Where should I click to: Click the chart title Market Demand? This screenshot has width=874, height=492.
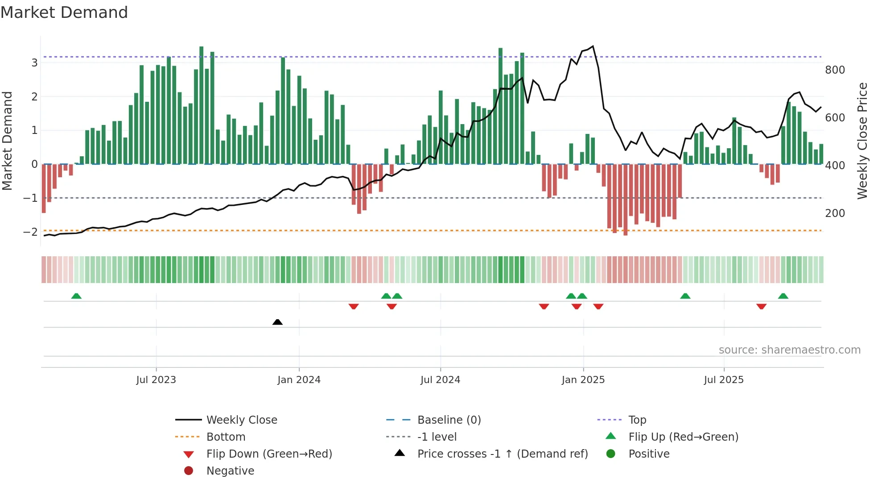pos(64,13)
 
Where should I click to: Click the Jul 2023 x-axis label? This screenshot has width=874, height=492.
pos(156,380)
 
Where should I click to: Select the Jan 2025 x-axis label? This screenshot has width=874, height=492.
pos(583,380)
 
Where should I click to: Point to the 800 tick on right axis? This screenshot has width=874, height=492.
pos(835,70)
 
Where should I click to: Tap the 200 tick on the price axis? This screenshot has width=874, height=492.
pos(835,213)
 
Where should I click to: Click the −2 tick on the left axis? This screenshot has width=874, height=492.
pos(30,232)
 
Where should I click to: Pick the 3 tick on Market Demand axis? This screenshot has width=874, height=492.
pos(34,63)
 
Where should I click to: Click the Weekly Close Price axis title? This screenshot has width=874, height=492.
pos(862,141)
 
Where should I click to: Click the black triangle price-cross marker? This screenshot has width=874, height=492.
pos(277,322)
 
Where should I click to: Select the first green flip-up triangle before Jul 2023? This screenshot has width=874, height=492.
pos(76,296)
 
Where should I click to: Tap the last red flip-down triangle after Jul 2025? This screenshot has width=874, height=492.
pos(761,306)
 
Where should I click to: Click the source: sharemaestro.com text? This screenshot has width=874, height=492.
pos(789,350)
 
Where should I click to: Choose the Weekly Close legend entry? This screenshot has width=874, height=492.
pos(242,420)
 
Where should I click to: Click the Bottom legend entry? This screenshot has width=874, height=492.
pos(226,437)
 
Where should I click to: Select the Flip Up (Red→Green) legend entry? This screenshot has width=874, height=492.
pos(683,437)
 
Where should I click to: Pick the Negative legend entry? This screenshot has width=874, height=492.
pos(230,471)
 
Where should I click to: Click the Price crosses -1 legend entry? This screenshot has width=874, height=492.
pos(502,454)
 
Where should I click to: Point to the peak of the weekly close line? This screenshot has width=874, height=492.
pos(593,46)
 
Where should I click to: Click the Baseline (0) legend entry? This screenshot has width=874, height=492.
pos(449,420)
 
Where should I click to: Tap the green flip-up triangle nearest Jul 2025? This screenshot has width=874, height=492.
pos(685,296)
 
